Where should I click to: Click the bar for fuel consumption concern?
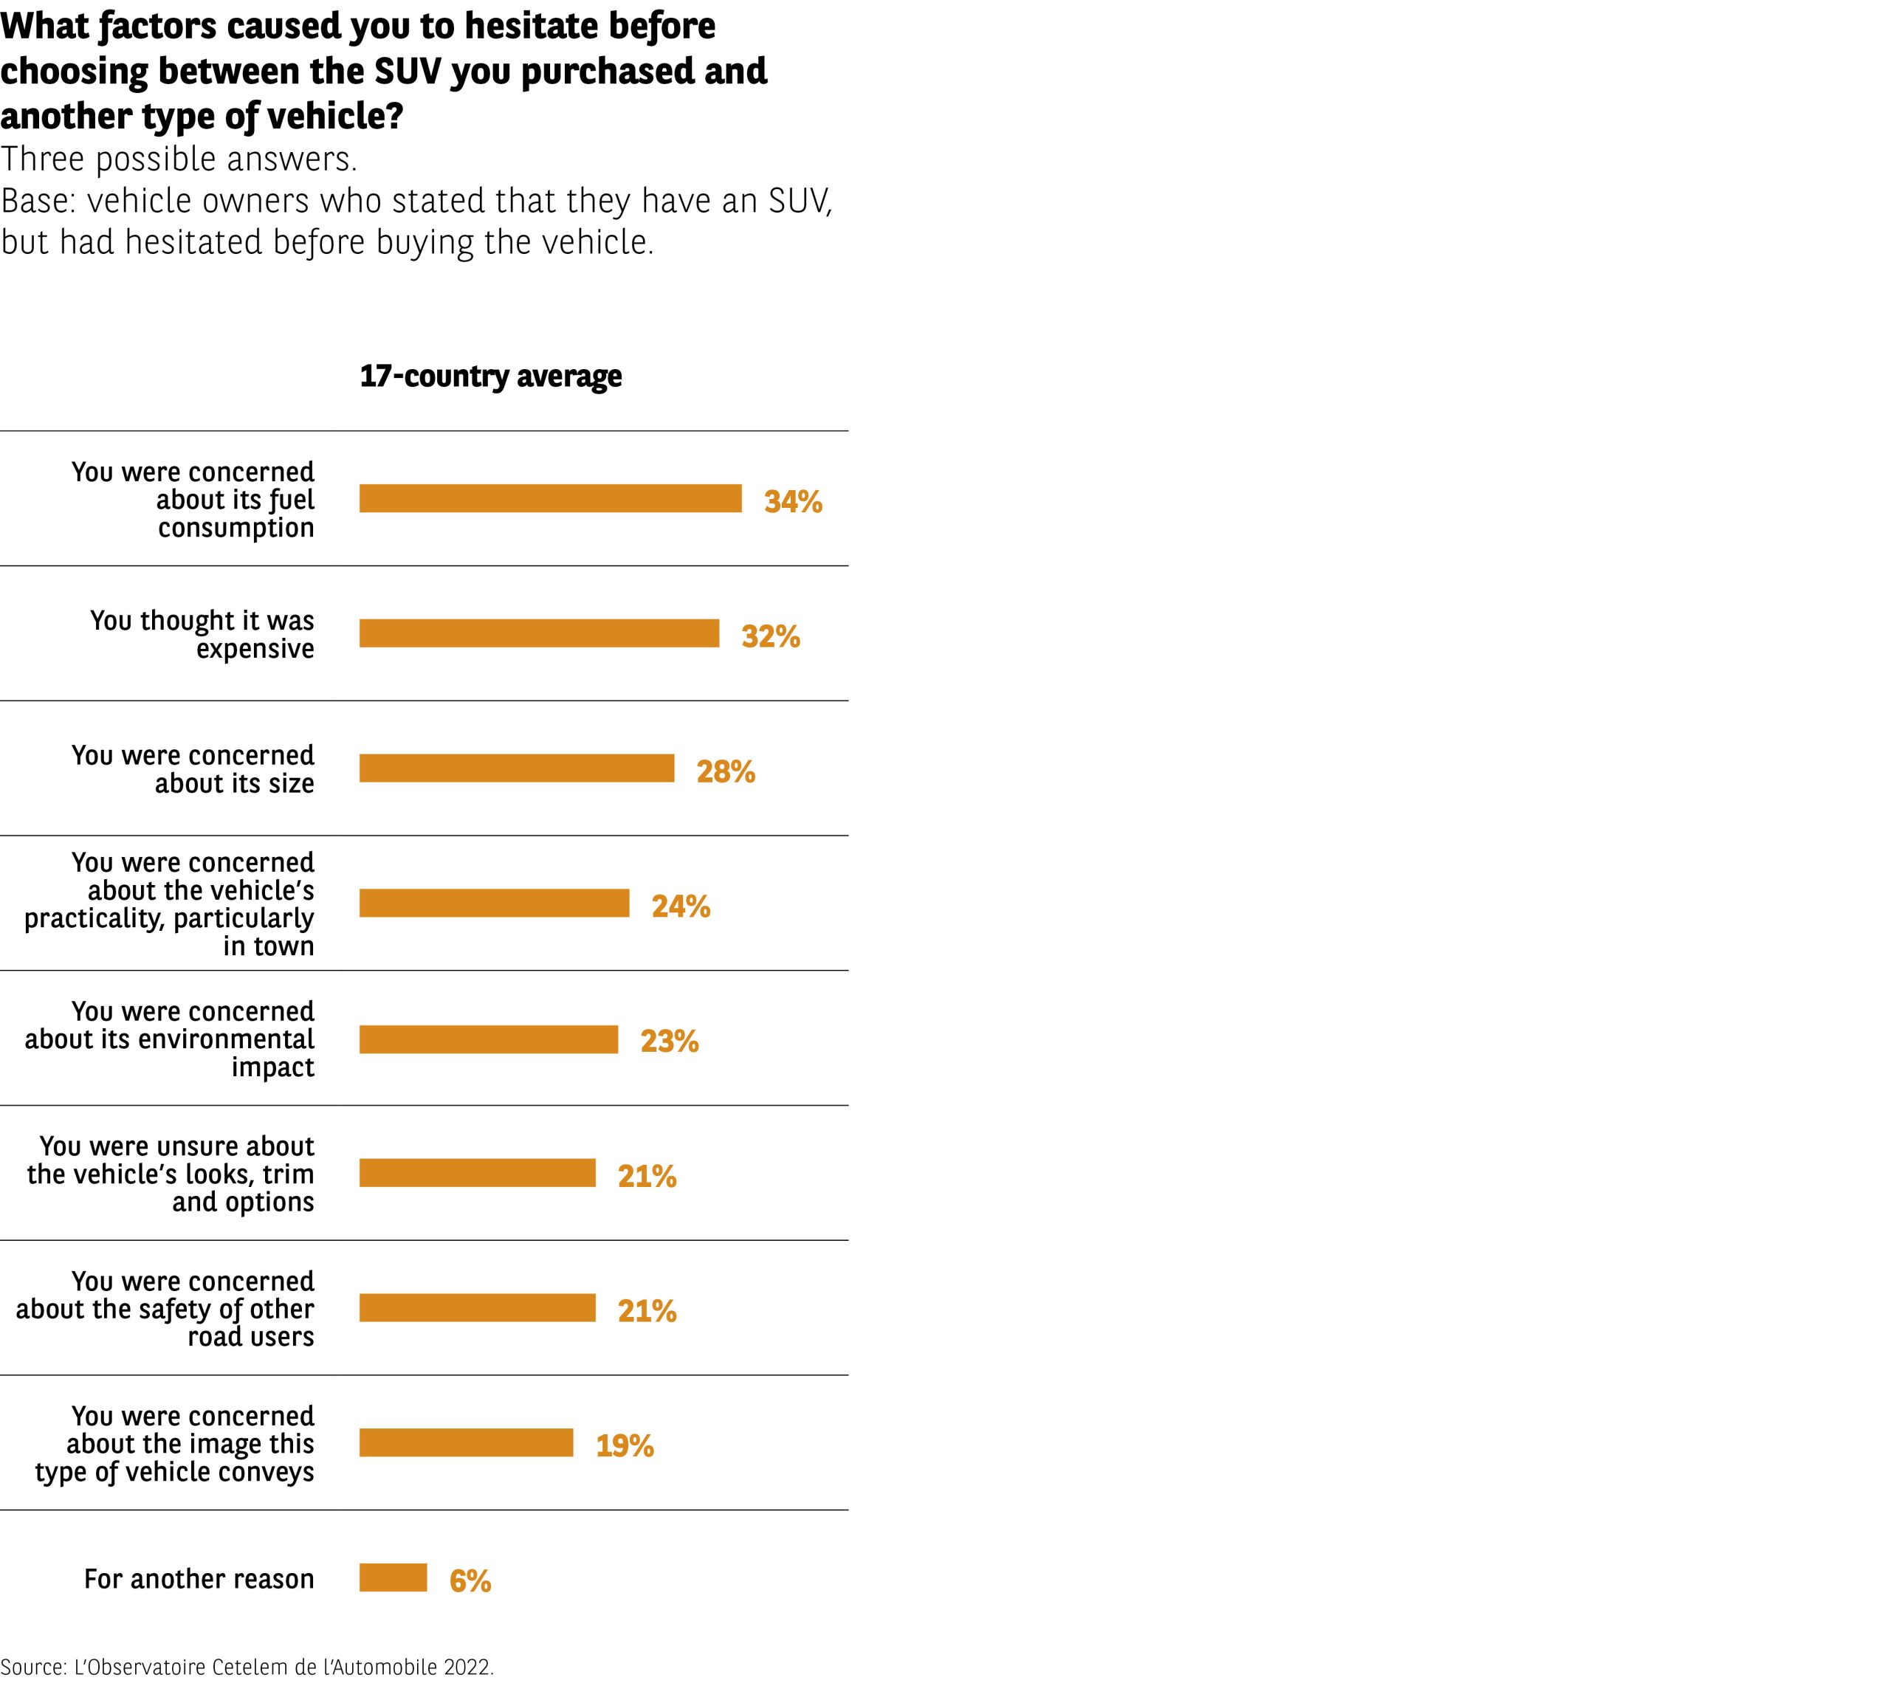tap(550, 498)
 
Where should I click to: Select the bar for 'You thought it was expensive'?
tap(539, 633)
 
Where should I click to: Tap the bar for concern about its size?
tap(517, 768)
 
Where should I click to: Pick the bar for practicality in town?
tap(494, 904)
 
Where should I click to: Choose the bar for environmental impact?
tap(488, 1039)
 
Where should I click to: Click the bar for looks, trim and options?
tap(477, 1173)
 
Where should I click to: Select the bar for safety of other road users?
tap(477, 1308)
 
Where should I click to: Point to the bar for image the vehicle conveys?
tap(466, 1442)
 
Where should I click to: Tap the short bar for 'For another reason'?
tap(393, 1577)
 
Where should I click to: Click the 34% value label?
tap(793, 501)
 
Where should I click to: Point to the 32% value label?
tap(770, 636)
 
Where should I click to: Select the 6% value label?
tap(470, 1580)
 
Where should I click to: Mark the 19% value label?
tap(625, 1446)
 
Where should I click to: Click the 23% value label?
tap(669, 1042)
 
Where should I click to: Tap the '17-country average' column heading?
tap(490, 376)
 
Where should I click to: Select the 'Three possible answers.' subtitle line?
tap(179, 159)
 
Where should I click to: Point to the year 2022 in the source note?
tap(467, 1667)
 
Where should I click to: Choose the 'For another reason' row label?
tap(199, 1578)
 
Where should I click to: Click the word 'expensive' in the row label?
tap(255, 648)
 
